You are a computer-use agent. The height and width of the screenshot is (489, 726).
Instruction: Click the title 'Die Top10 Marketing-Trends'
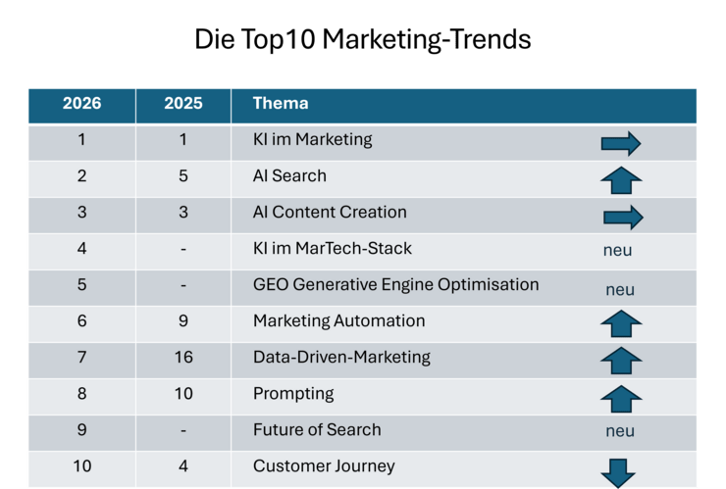click(363, 40)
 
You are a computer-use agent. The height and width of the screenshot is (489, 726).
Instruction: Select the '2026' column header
click(81, 103)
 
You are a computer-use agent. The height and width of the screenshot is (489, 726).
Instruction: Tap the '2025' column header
click(183, 103)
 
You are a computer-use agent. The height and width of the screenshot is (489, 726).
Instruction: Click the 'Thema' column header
click(281, 103)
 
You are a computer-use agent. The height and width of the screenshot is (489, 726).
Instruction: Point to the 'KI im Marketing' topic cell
click(313, 139)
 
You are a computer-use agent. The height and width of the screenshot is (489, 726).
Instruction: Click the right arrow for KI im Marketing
click(621, 144)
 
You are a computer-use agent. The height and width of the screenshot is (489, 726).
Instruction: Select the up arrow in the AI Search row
click(621, 180)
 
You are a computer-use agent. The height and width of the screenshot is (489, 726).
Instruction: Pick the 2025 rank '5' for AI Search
click(183, 176)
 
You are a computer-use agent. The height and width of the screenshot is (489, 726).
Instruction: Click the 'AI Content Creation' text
click(330, 212)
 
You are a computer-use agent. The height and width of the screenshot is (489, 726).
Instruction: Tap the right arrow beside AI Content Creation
click(622, 217)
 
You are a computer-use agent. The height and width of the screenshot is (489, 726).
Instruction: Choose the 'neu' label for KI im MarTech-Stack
click(618, 251)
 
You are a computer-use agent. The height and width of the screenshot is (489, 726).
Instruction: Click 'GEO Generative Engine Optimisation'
click(396, 285)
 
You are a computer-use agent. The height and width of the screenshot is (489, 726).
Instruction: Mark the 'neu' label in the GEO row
click(620, 290)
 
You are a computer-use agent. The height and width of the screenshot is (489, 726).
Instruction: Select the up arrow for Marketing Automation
click(621, 323)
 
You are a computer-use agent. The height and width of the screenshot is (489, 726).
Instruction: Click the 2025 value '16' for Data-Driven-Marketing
click(183, 358)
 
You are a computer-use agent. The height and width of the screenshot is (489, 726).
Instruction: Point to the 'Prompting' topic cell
click(293, 394)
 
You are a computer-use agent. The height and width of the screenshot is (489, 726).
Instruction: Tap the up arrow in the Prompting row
click(621, 399)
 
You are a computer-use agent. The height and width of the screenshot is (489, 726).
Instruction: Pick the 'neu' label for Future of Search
click(620, 431)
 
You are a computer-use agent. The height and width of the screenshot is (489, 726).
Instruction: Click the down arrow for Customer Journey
click(619, 472)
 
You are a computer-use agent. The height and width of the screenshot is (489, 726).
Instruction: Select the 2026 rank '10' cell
click(81, 466)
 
